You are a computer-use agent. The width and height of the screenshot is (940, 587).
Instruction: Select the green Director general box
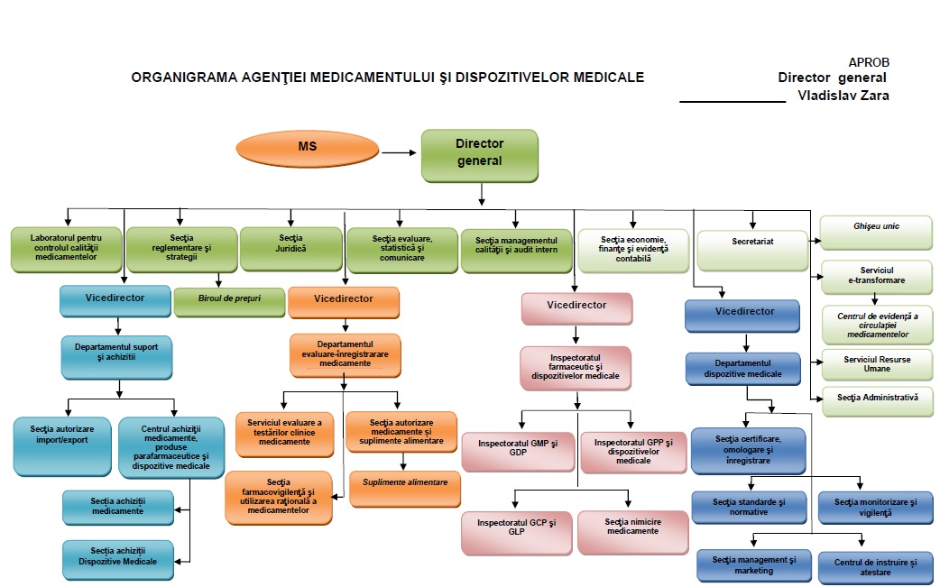click(x=479, y=154)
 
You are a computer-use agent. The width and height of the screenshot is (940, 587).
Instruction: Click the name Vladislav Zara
click(x=843, y=96)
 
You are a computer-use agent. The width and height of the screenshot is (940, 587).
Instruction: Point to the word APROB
click(x=869, y=62)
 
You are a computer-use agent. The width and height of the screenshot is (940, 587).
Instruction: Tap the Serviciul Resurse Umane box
click(x=877, y=364)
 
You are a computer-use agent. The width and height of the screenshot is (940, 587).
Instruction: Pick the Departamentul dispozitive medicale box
click(x=743, y=369)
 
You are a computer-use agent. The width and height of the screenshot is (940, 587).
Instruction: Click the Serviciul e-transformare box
click(x=877, y=276)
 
